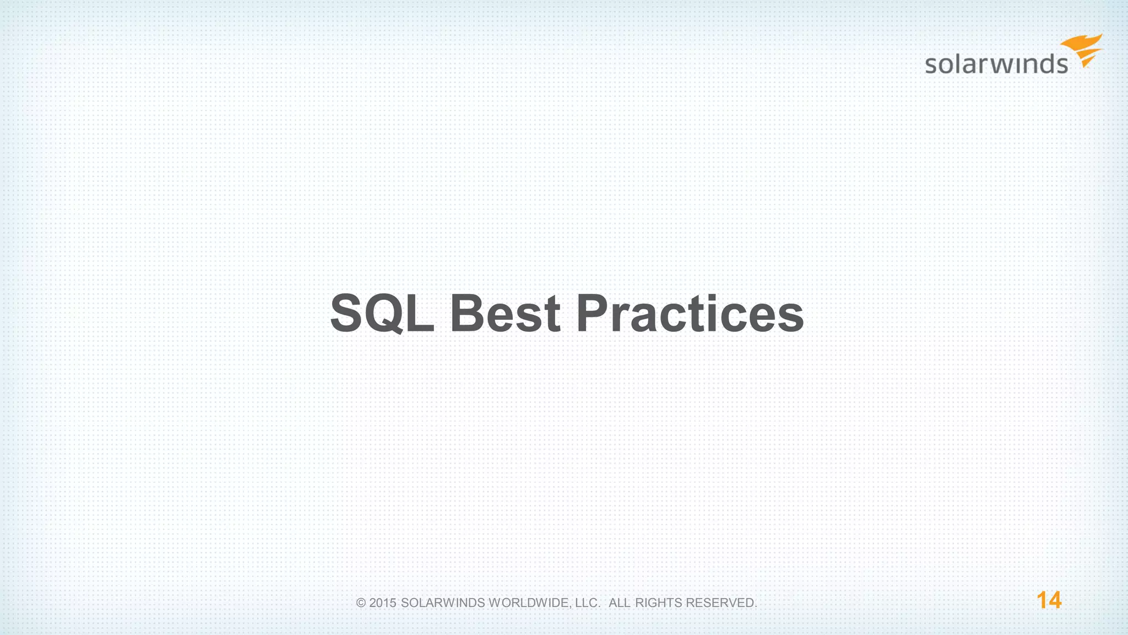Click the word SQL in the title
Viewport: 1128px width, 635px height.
[382, 313]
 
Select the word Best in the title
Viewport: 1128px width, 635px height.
[505, 313]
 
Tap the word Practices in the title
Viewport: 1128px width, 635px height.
[690, 313]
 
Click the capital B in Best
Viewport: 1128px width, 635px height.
[468, 313]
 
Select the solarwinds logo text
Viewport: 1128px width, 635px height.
[996, 64]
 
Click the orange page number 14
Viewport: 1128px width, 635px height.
[1049, 600]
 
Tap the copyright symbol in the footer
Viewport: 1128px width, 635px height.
[361, 603]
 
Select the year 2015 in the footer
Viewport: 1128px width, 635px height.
[383, 603]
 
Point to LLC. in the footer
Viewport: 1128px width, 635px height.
[587, 603]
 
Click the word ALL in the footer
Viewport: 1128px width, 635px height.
[619, 603]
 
